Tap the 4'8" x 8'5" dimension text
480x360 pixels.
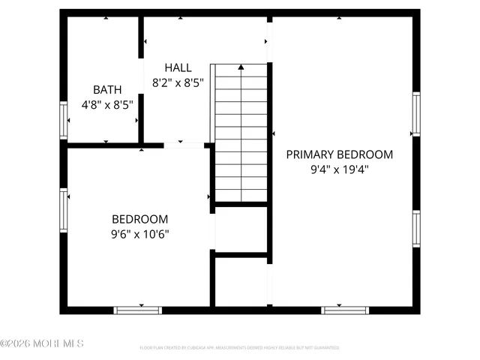pyautogui.click(x=106, y=105)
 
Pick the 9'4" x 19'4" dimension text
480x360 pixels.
pyautogui.click(x=339, y=169)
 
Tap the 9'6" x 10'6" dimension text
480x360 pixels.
pyautogui.click(x=139, y=234)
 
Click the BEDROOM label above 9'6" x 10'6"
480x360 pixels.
pyautogui.click(x=139, y=219)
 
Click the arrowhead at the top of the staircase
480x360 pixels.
pyautogui.click(x=241, y=67)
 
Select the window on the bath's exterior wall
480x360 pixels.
pyautogui.click(x=64, y=120)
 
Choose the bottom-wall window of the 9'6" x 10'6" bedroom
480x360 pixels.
pyautogui.click(x=138, y=309)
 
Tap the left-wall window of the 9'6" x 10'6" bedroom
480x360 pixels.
pyautogui.click(x=64, y=209)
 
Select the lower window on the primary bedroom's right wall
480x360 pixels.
pyautogui.click(x=415, y=228)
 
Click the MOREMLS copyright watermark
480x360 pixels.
pyautogui.click(x=42, y=343)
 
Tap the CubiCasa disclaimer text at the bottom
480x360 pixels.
pyautogui.click(x=239, y=348)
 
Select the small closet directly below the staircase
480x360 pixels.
pyautogui.click(x=241, y=229)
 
